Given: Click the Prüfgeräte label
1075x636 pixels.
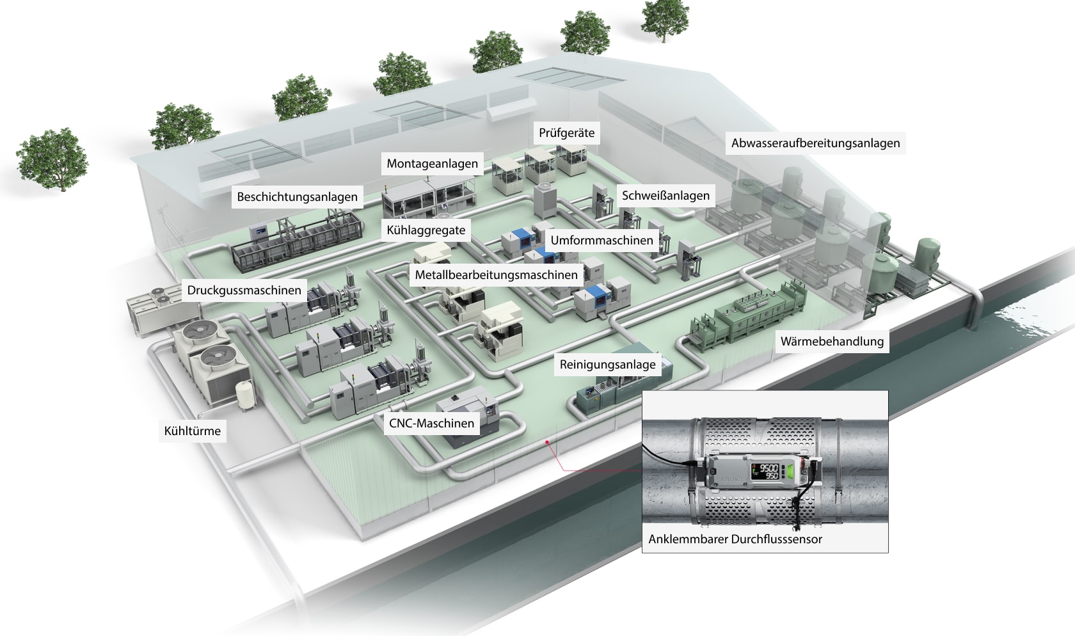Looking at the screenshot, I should tap(566, 133).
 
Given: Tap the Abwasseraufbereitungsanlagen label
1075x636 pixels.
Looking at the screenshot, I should tap(815, 143).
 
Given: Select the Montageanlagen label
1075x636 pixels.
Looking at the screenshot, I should tap(432, 164).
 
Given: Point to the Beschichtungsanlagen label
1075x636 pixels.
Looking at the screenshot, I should tap(297, 197).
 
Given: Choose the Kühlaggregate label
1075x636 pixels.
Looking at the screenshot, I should tap(426, 230).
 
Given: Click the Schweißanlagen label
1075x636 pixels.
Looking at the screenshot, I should tap(665, 196).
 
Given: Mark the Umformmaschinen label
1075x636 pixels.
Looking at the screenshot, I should tap(601, 241).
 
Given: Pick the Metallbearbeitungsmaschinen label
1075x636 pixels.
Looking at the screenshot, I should tap(496, 276).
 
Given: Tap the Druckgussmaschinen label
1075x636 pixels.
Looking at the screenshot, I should tap(244, 290).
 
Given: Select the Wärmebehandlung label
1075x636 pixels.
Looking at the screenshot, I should tap(832, 342).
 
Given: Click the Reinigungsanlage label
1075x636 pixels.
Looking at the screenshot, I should tap(607, 365).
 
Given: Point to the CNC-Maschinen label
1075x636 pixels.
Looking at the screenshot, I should tap(431, 424).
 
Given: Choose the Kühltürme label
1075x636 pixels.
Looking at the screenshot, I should tap(192, 431).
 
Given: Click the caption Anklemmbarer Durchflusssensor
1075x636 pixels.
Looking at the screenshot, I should tap(735, 539).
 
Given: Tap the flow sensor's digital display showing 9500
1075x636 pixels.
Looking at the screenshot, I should tap(764, 471).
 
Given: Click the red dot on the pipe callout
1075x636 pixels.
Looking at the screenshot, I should tap(547, 441).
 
